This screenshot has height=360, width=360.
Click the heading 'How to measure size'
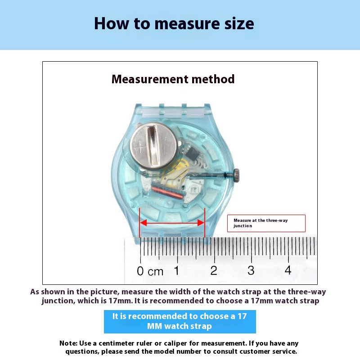pos(174,23)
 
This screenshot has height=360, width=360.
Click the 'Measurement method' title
pos(173,80)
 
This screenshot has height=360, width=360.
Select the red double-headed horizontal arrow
pos(172,223)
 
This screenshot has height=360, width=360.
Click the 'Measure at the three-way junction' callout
pos(266,223)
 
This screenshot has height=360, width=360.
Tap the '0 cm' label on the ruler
pos(150,271)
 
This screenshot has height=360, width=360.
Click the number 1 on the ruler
pos(177,270)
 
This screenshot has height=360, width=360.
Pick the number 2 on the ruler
pos(214,270)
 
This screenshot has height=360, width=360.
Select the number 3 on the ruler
pos(251,270)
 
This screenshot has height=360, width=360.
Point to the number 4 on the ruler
pos(288,270)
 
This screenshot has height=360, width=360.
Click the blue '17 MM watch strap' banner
pos(180,321)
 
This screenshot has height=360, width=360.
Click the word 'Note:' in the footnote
pos(69,343)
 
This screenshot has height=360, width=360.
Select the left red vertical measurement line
pos(140,223)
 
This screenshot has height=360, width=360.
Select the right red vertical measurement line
pos(205,223)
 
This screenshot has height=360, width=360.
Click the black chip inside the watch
pos(193,153)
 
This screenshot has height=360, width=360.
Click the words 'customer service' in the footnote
pos(267,351)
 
